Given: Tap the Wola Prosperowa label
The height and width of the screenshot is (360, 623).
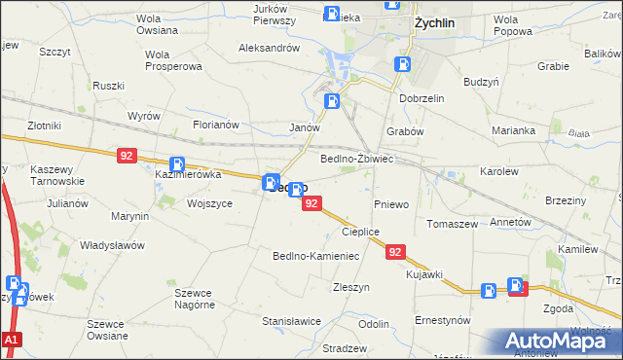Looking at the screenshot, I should coord(172,60).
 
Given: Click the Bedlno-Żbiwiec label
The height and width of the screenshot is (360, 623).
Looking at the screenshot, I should coord(356,158).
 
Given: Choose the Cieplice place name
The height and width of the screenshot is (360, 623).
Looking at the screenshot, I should coord(359,232).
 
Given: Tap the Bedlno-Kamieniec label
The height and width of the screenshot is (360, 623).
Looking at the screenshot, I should coord(315,255).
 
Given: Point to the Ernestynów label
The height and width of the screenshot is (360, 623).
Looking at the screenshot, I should coord(443,319).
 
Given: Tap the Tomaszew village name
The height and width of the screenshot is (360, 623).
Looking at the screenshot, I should coord(452,223).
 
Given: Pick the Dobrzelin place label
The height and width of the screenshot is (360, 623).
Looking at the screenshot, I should coord(421,98).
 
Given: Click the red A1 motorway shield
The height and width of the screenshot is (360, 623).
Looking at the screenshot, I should coord(11,341).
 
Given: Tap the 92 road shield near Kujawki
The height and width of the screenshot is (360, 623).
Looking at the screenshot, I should coord(395,252).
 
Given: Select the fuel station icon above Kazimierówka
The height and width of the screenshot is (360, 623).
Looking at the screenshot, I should coord(178,165).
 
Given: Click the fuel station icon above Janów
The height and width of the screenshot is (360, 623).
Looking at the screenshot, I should coord(333,99).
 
